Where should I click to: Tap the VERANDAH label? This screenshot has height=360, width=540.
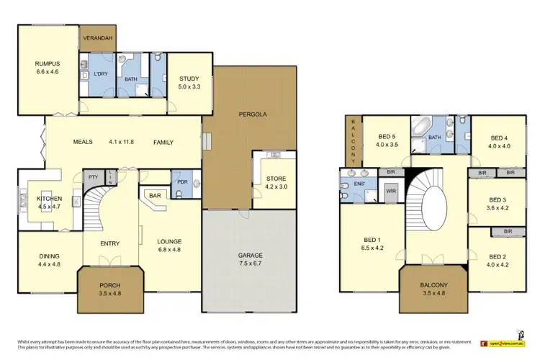pyautogui.click(x=97, y=37)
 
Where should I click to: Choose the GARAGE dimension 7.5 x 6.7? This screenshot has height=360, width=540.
pyautogui.click(x=248, y=264)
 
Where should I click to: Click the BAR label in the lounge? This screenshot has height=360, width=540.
pyautogui.click(x=155, y=194)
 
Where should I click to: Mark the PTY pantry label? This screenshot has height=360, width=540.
pyautogui.click(x=93, y=176)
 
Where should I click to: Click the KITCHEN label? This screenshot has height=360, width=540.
pyautogui.click(x=50, y=199)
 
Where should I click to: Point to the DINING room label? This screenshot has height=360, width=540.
pyautogui.click(x=49, y=256)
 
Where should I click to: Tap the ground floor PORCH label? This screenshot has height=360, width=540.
pyautogui.click(x=110, y=285)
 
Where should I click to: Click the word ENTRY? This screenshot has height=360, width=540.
pyautogui.click(x=110, y=243)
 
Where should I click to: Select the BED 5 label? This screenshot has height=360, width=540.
pyautogui.click(x=387, y=136)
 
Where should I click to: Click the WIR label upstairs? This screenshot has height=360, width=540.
pyautogui.click(x=392, y=191)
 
